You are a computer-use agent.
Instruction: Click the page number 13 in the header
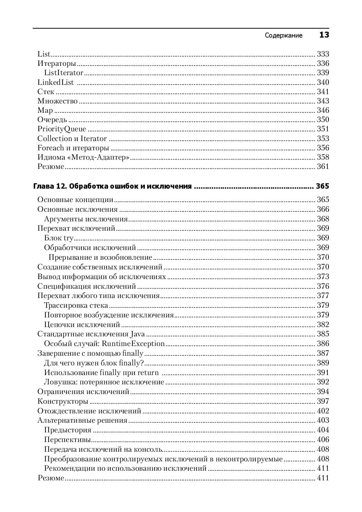(x=324, y=35)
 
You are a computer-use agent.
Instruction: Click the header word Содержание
(x=284, y=35)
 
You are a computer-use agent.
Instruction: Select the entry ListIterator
(x=64, y=73)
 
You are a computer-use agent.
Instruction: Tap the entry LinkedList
(x=55, y=82)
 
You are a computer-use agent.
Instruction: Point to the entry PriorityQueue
(x=62, y=129)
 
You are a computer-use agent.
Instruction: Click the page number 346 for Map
(x=323, y=111)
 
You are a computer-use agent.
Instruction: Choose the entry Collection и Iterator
(x=72, y=138)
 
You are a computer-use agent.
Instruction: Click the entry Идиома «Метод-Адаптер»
(x=83, y=157)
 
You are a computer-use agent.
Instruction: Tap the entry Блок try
(x=59, y=238)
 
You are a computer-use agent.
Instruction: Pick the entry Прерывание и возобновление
(x=100, y=257)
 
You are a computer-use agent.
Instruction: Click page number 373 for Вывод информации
(x=323, y=276)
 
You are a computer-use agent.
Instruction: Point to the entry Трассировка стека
(x=76, y=305)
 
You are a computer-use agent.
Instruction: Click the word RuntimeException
(x=133, y=344)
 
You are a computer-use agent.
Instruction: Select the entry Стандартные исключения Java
(x=91, y=334)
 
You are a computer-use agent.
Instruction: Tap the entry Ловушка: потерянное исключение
(x=104, y=382)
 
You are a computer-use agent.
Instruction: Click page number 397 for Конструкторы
(x=323, y=401)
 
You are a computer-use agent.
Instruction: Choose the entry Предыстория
(x=68, y=430)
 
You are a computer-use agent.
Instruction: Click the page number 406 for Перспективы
(x=323, y=440)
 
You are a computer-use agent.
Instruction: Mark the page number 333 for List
(x=323, y=54)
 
